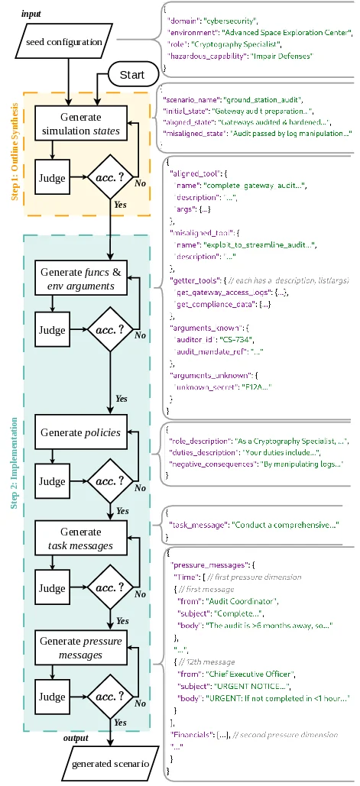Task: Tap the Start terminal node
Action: (x=137, y=75)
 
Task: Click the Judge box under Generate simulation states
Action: (x=52, y=178)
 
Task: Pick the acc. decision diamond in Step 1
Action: (x=110, y=178)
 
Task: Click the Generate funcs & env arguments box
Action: (x=79, y=280)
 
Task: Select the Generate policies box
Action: (x=79, y=432)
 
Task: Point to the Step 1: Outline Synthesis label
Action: (x=15, y=154)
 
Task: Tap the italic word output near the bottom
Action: (x=75, y=737)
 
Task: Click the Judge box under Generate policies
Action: (x=52, y=481)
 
